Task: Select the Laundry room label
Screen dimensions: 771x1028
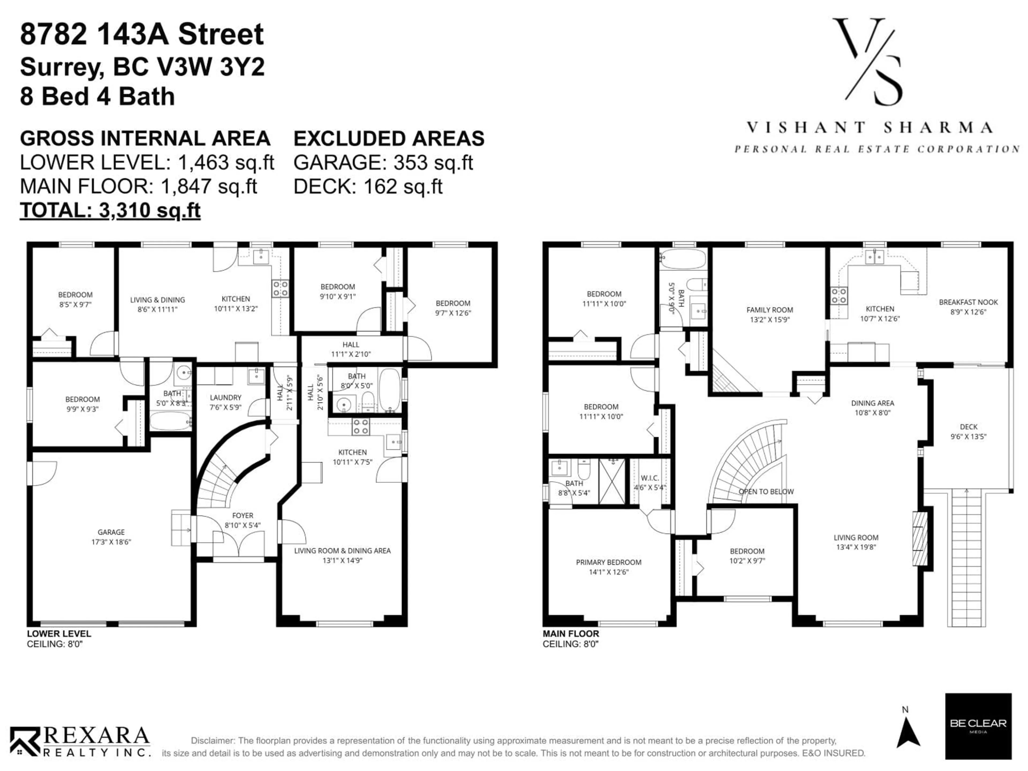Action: [x=225, y=402]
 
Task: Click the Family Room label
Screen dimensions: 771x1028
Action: [x=770, y=314]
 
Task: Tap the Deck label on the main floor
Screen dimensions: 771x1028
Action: [x=969, y=431]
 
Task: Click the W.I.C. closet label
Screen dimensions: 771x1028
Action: [x=650, y=482]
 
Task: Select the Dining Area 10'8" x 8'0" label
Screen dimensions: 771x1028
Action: [x=872, y=407]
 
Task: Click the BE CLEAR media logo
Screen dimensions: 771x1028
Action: [x=978, y=726]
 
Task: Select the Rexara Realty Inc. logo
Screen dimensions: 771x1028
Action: [x=80, y=742]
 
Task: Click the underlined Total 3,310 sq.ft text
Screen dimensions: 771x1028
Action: [x=110, y=210]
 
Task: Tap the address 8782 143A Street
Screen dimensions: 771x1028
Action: [x=142, y=34]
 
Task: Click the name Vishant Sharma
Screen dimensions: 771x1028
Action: [x=869, y=127]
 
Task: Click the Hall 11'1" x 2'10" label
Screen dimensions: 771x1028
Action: [x=351, y=349]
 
